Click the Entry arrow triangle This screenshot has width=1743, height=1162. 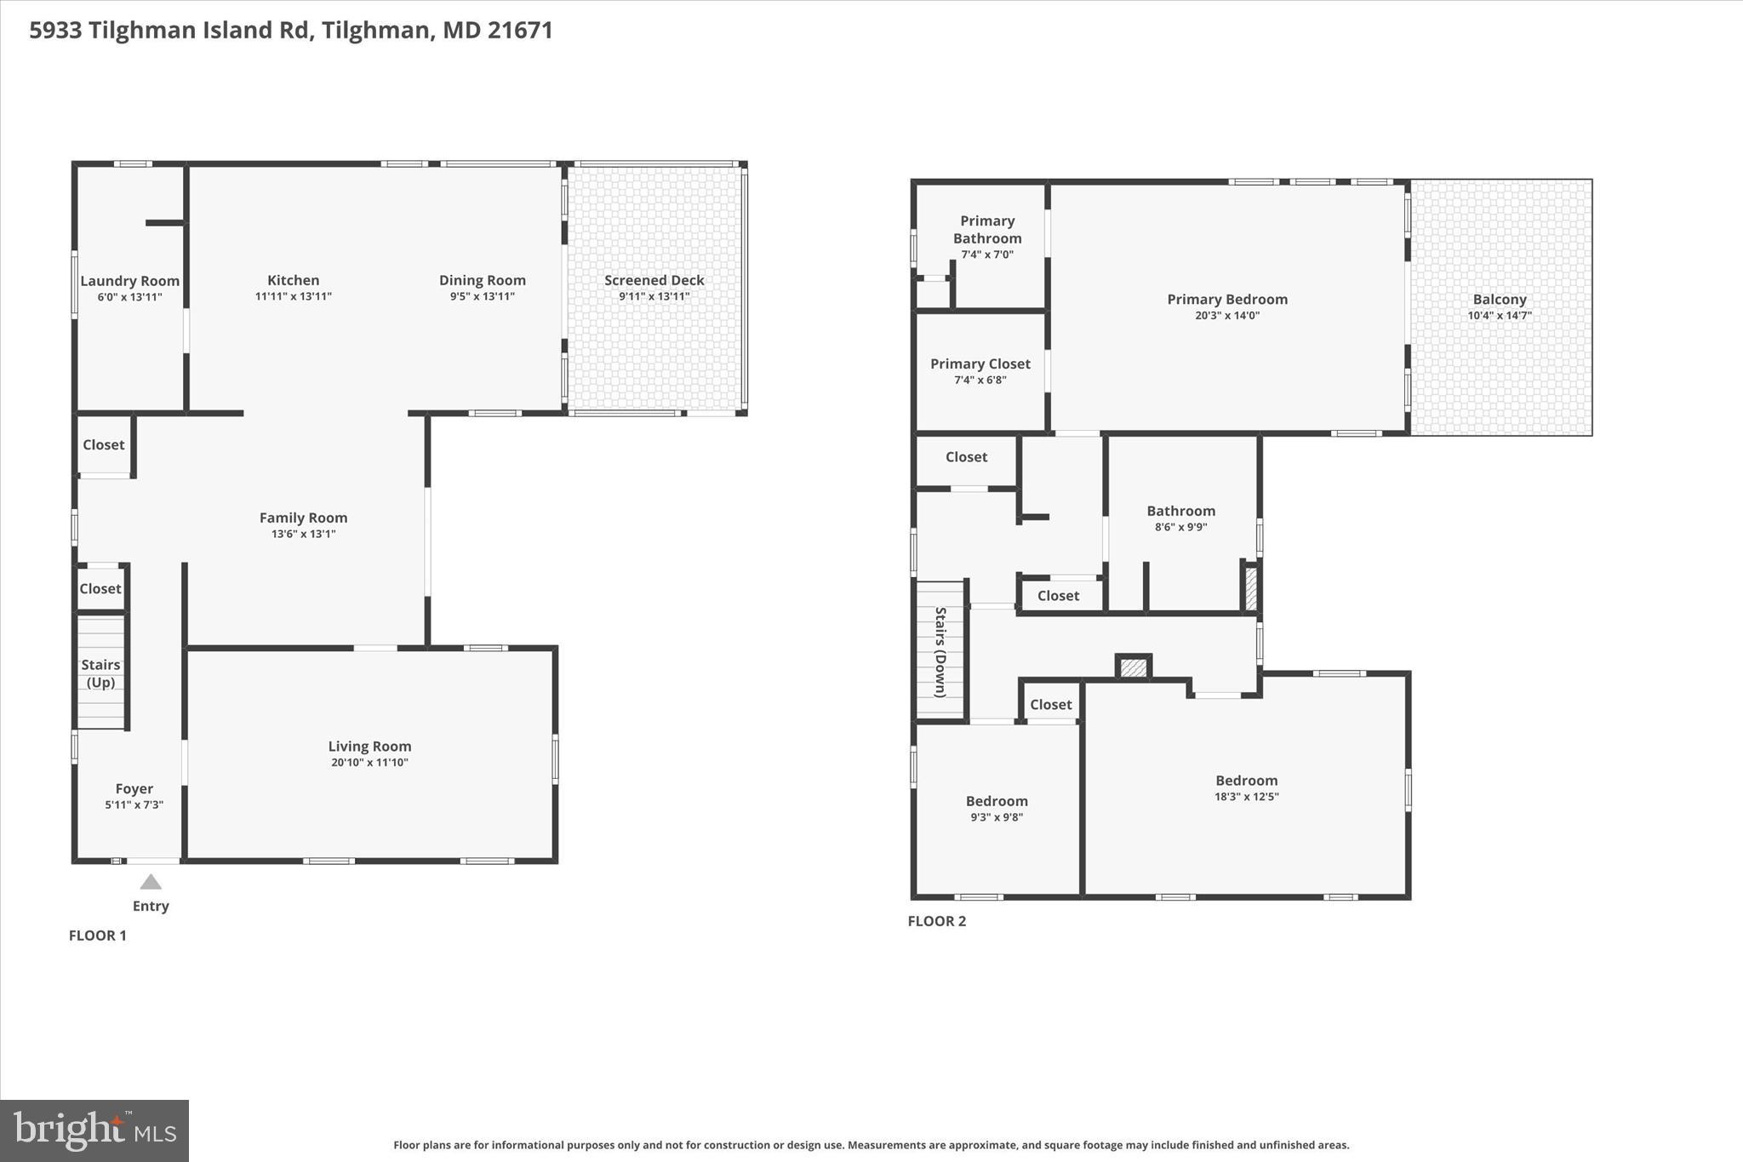(x=151, y=882)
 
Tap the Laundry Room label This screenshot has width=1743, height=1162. (x=129, y=281)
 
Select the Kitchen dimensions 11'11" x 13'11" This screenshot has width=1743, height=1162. (x=294, y=296)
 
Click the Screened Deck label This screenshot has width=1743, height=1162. (x=654, y=280)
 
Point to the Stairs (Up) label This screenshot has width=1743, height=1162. (x=100, y=673)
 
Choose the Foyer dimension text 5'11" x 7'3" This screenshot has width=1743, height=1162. (x=134, y=804)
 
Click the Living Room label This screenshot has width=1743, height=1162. (x=369, y=747)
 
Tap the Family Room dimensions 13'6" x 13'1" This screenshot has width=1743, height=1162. (x=303, y=534)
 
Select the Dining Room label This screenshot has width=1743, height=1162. (x=483, y=280)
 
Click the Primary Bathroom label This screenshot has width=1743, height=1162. (x=987, y=230)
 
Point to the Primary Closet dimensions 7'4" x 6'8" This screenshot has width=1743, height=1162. (x=980, y=380)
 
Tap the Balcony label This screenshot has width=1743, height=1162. (x=1500, y=300)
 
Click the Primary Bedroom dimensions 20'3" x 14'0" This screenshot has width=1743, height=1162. (x=1227, y=315)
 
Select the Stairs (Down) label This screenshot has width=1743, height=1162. (x=940, y=652)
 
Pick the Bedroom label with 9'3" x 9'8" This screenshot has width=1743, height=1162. (x=997, y=801)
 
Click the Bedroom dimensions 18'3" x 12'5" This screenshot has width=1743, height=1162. (x=1246, y=797)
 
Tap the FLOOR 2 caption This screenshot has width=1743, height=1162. (x=936, y=921)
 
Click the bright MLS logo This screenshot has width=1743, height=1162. (x=94, y=1131)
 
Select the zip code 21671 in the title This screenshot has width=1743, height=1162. (x=520, y=31)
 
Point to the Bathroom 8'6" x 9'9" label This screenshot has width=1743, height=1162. (x=1180, y=511)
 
